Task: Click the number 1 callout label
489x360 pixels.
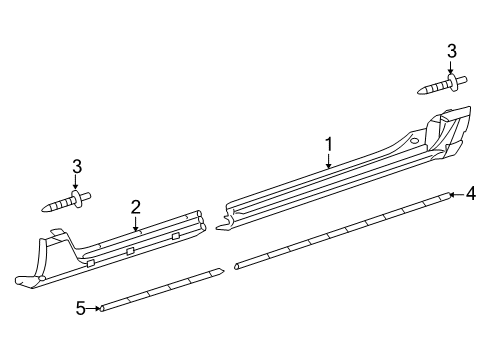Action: [328, 147]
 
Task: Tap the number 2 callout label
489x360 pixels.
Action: [135, 207]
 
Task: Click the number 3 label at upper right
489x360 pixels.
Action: [452, 51]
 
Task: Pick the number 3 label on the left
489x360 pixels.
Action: [75, 166]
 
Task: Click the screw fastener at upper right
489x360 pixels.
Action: [441, 85]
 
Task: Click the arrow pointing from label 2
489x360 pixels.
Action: [135, 226]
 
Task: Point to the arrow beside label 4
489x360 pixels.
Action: [455, 196]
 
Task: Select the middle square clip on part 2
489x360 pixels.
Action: [130, 250]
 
